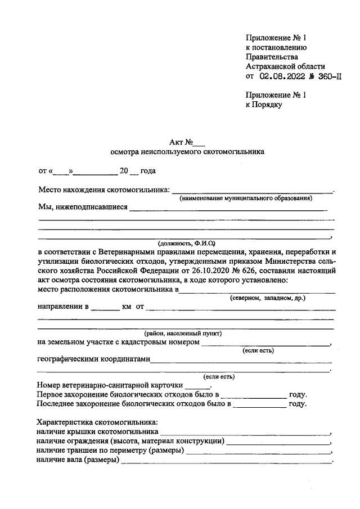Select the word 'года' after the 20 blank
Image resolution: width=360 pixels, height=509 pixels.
pyautogui.click(x=147, y=171)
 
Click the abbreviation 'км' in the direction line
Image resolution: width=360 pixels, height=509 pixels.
pyautogui.click(x=127, y=308)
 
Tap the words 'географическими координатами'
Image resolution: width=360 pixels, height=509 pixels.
pyautogui.click(x=93, y=360)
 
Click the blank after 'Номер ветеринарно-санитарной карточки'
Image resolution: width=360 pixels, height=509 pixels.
pyautogui.click(x=197, y=386)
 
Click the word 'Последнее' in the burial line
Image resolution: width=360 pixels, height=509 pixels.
pyautogui.click(x=55, y=404)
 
